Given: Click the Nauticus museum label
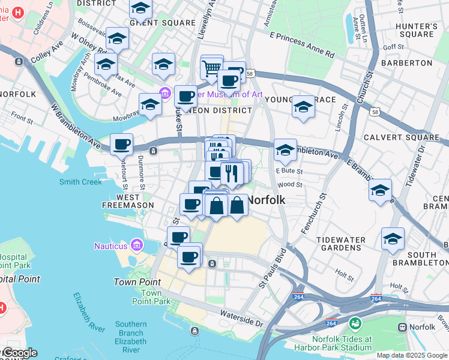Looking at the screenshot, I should click(x=111, y=245).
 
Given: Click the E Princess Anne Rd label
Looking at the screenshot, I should click(x=302, y=45).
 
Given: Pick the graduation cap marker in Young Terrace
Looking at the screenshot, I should click(x=304, y=107).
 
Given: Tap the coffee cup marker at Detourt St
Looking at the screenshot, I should click(x=122, y=144).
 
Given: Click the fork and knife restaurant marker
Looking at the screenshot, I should click(x=231, y=173).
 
